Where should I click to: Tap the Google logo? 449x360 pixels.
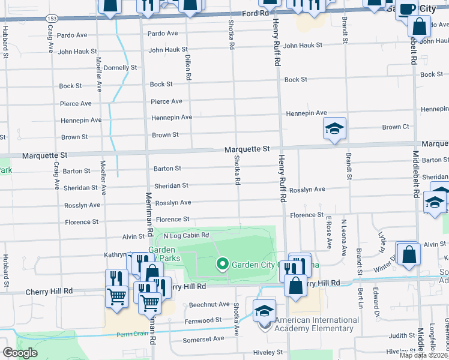(x=20, y=353)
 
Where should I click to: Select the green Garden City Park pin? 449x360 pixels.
(x=222, y=263)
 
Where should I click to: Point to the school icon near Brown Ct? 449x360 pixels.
(x=334, y=128)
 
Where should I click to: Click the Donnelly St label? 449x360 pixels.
(x=120, y=68)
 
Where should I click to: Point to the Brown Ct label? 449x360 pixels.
(x=396, y=127)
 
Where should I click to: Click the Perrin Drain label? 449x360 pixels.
(x=131, y=334)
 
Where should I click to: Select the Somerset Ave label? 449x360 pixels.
(x=203, y=338)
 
